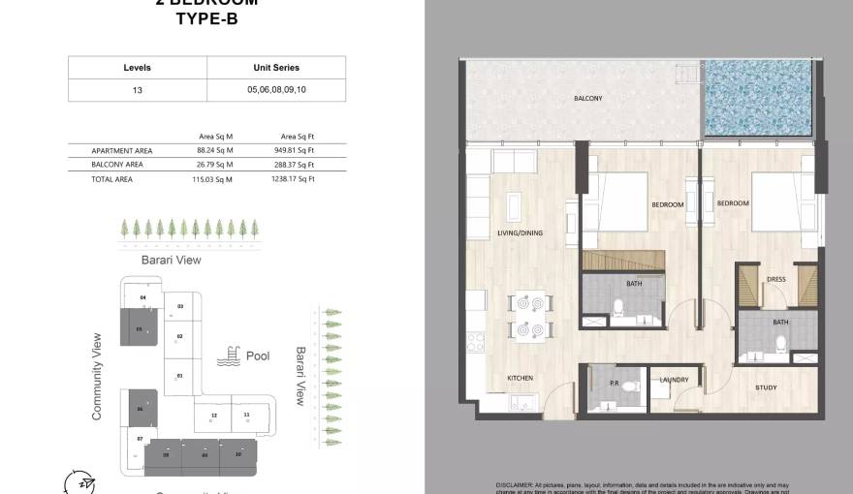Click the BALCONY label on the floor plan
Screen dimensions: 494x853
pos(588,99)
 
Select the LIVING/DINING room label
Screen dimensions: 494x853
pos(520,233)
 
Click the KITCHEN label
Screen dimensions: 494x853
pos(521,378)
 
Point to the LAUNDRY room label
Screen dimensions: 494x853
pos(674,380)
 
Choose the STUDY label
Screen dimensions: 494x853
pos(766,388)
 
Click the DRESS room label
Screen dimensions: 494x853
pos(776,279)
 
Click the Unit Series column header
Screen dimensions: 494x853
pos(276,68)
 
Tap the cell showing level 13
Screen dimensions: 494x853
pos(138,90)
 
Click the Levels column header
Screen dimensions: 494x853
pos(138,68)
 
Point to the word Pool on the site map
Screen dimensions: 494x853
pos(258,356)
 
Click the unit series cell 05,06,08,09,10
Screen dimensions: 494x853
pos(276,90)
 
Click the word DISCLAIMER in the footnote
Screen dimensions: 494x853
pos(514,482)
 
